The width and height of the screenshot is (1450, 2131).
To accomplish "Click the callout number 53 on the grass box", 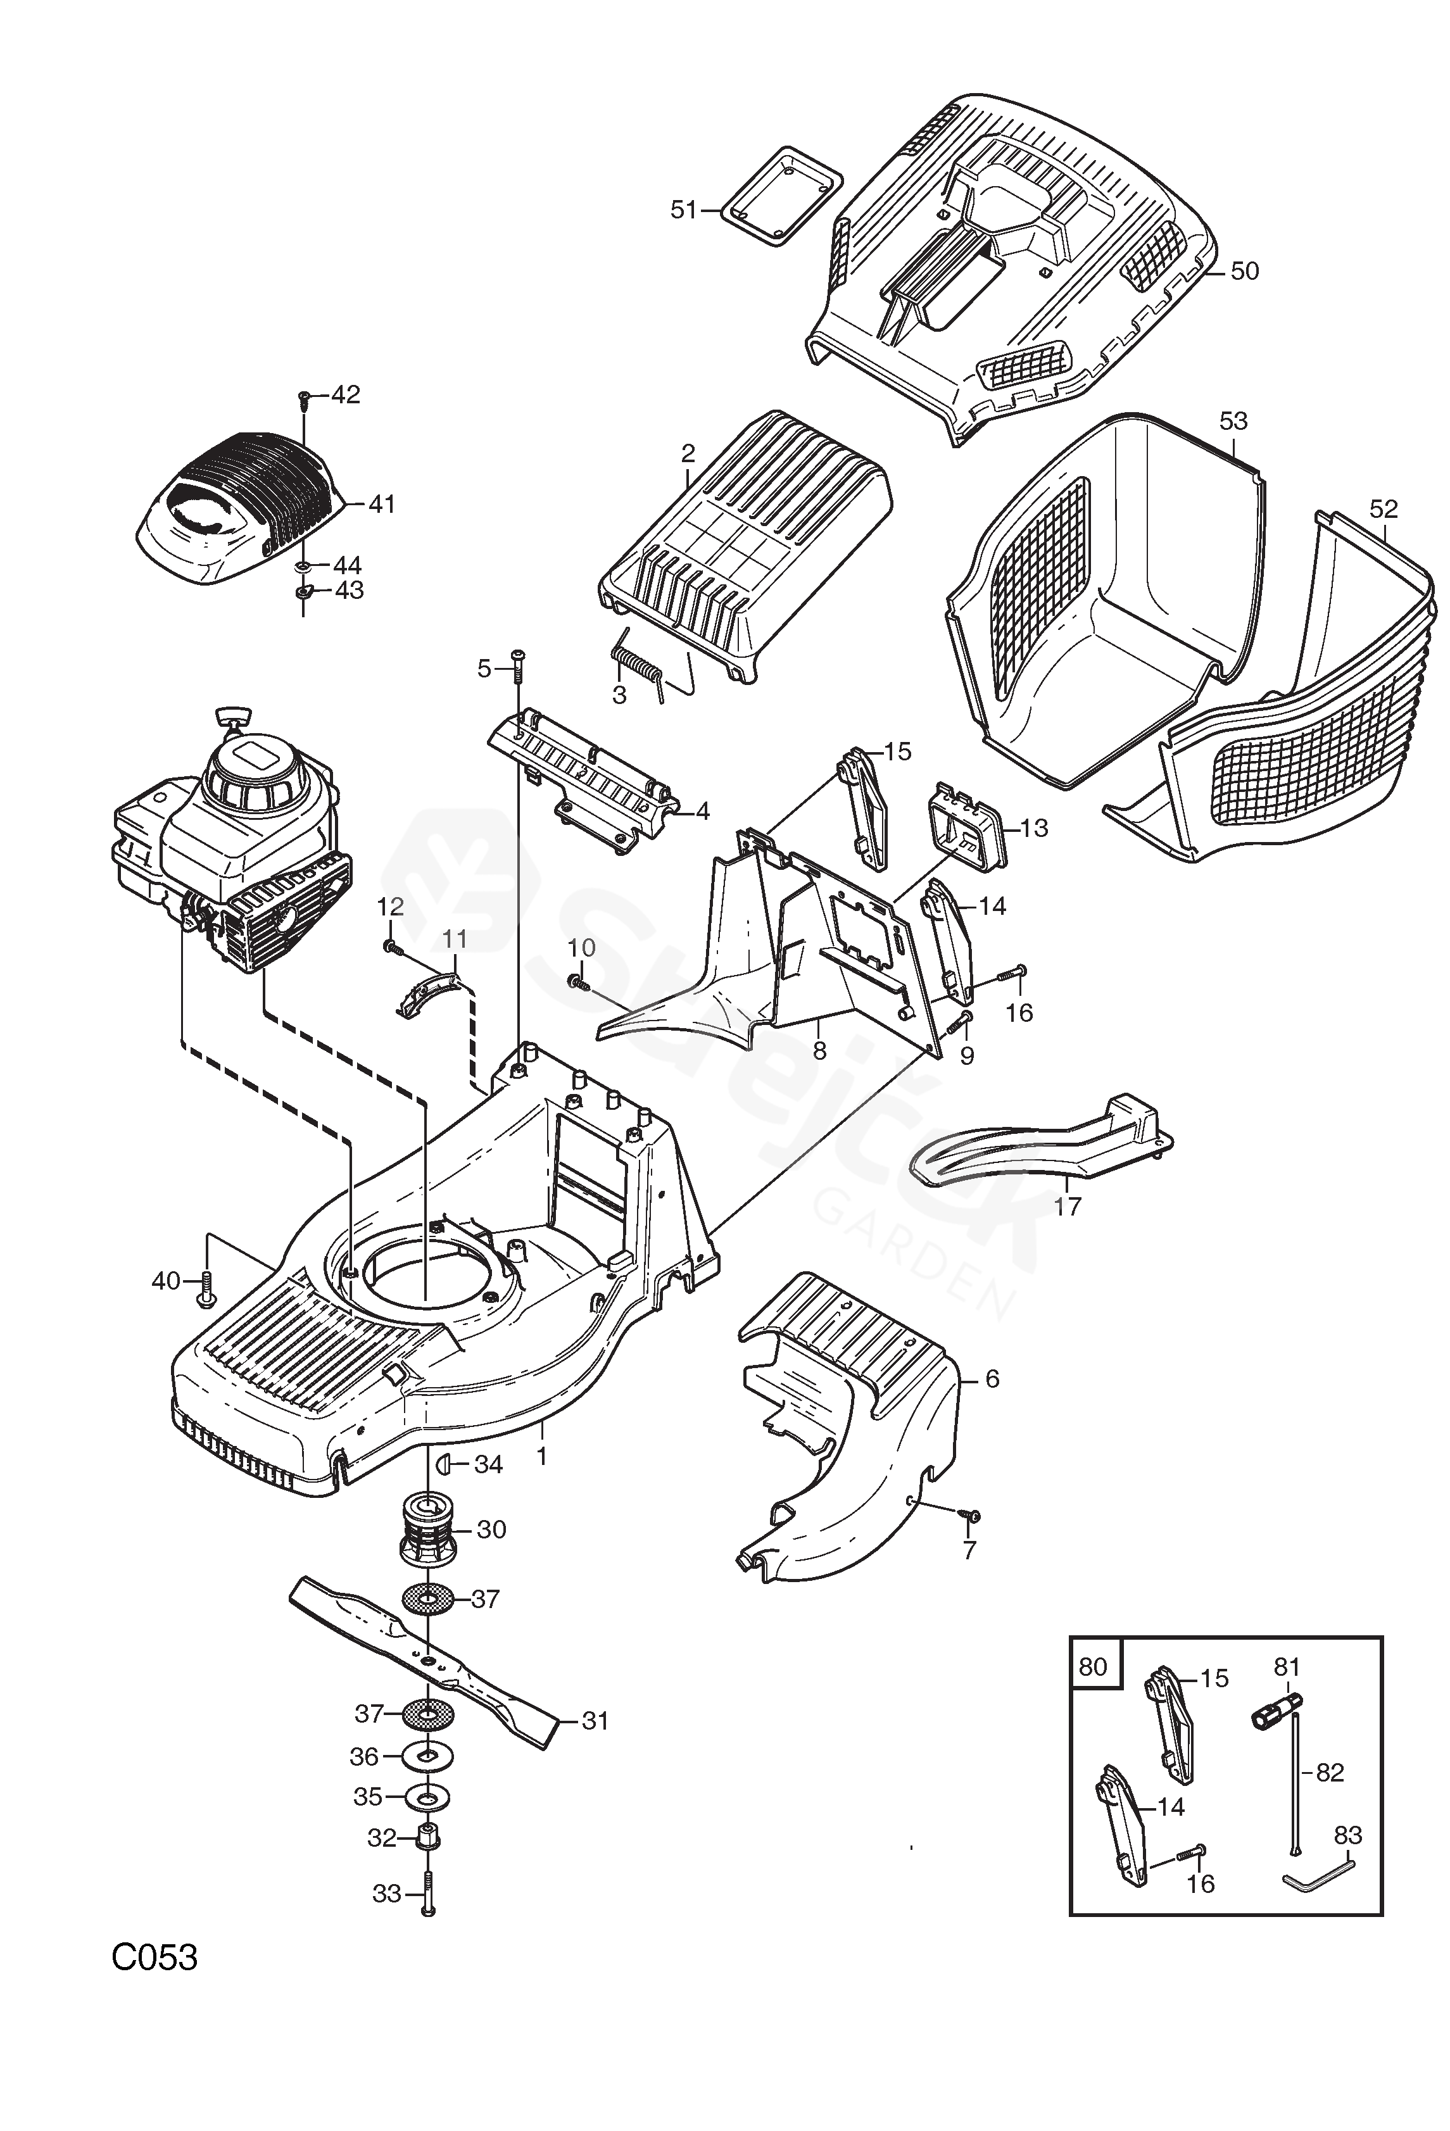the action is point(1233,421).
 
